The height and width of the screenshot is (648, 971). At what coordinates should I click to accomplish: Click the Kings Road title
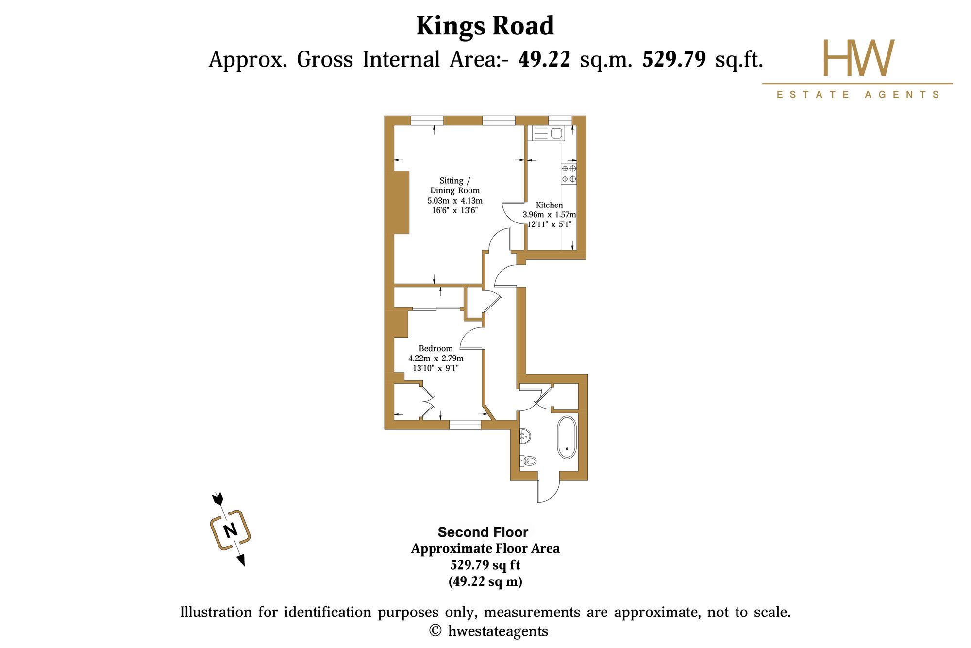pos(485,26)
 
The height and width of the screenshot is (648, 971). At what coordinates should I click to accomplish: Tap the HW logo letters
pos(858,58)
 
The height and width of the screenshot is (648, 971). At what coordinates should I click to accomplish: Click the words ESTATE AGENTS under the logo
pos(858,94)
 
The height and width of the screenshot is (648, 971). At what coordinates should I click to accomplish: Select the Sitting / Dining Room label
pos(455,186)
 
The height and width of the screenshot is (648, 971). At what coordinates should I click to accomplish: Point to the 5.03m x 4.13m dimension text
pos(455,201)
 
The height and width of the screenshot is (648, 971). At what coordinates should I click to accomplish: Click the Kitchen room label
pos(549,205)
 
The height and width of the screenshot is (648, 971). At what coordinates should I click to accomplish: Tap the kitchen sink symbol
pos(548,133)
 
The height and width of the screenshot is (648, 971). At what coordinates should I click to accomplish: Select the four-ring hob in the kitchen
pos(569,173)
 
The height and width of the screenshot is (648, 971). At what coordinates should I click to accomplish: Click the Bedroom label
pos(435,348)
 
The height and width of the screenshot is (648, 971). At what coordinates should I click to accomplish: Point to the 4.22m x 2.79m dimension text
pos(436,358)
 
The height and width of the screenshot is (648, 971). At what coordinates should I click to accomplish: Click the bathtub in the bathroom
pos(567,437)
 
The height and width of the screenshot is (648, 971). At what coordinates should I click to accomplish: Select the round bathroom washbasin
pos(525,436)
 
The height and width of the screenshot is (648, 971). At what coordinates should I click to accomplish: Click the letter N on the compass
pos(230,529)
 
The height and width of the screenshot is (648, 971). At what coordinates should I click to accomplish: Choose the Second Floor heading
pos(483,532)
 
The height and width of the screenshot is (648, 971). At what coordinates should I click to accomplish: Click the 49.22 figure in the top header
pos(544,60)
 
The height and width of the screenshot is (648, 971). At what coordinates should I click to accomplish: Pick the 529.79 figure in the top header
pos(674,60)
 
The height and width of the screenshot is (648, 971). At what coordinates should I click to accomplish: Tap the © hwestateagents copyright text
pos(489,631)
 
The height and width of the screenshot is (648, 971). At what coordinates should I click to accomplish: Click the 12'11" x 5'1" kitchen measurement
pos(549,224)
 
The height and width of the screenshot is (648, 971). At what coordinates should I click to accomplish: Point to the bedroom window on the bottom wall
pos(465,425)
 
